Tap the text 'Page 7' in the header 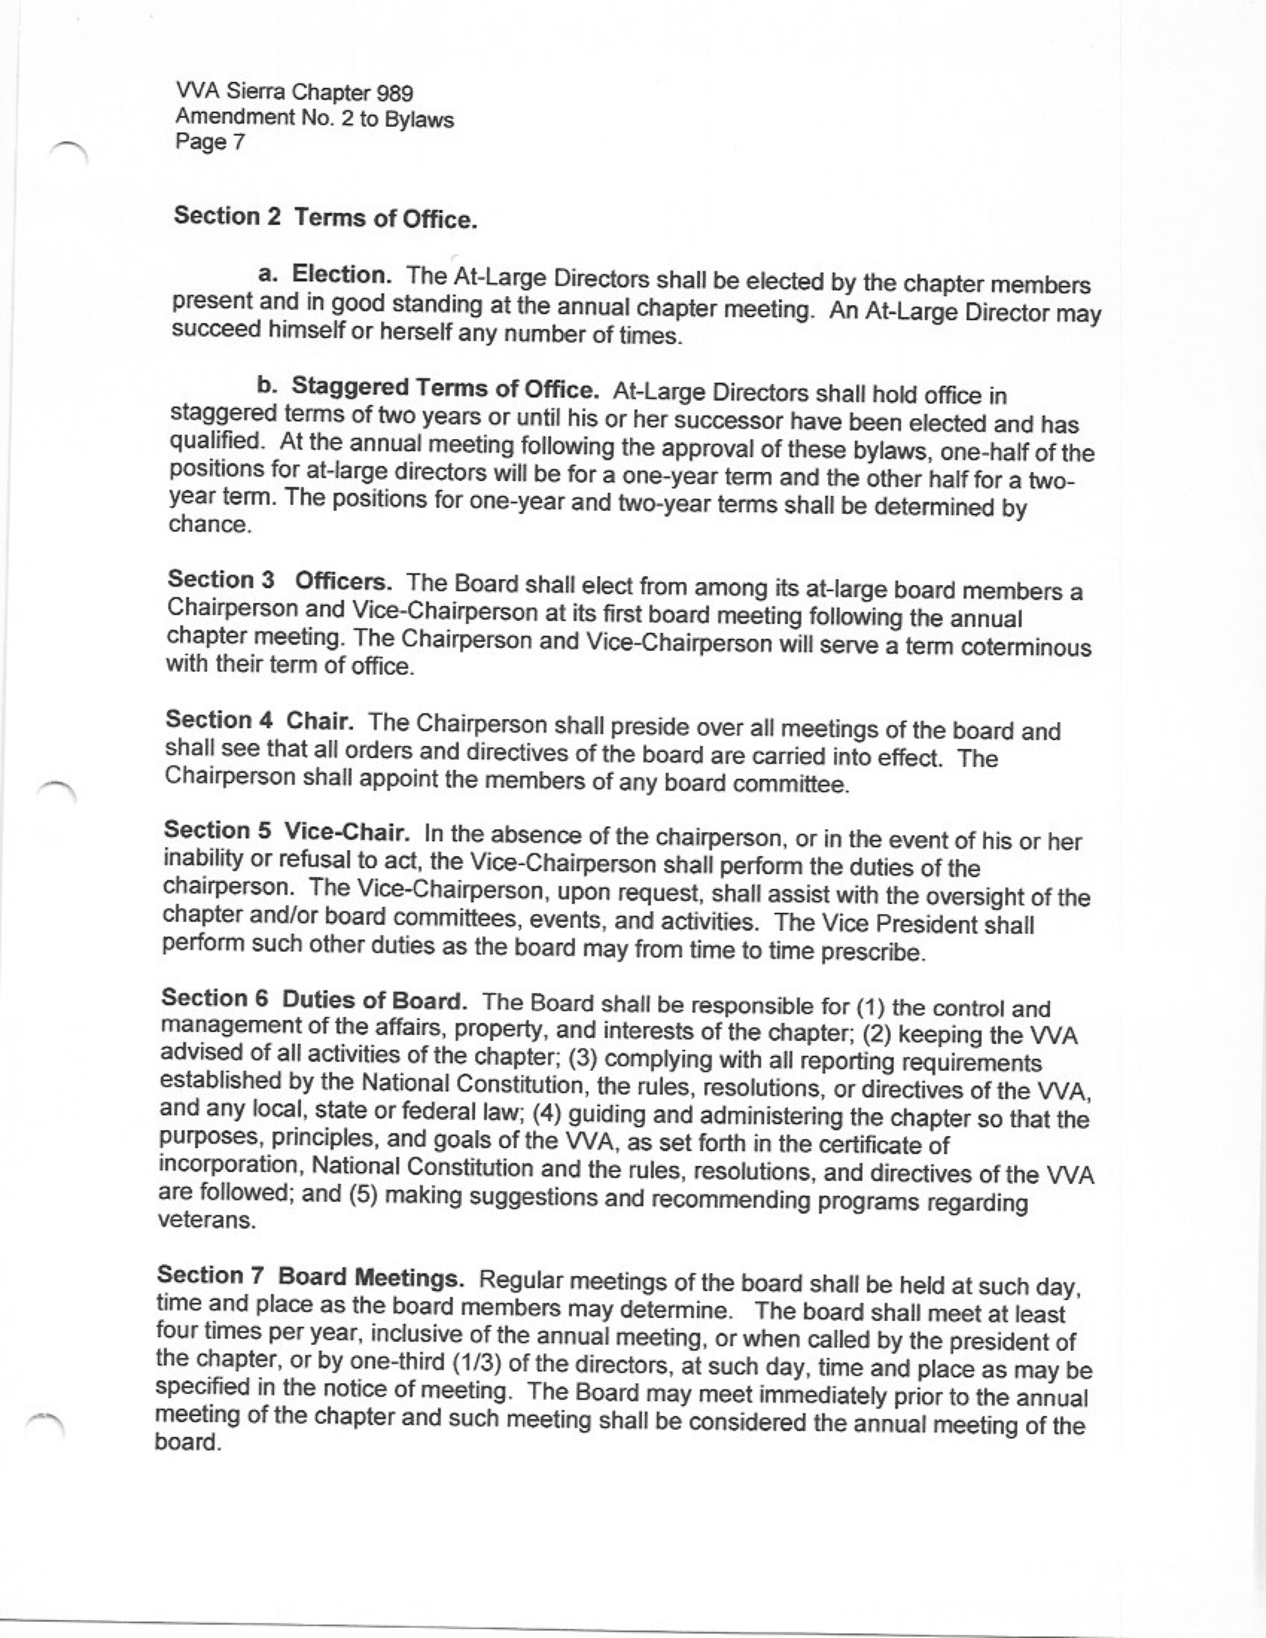(x=210, y=142)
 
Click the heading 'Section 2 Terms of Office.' (x=326, y=217)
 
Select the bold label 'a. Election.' (x=324, y=274)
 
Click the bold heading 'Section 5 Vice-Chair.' (x=286, y=831)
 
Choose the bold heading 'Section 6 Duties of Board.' (x=314, y=1000)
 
